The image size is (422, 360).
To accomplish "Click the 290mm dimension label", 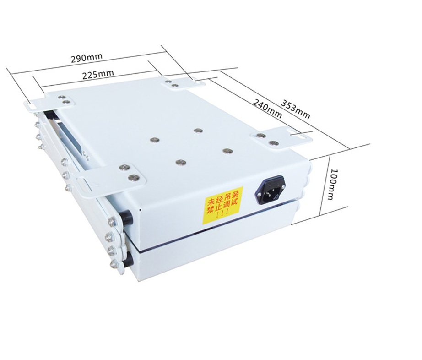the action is [87, 58].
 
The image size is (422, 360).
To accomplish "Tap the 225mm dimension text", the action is [97, 74].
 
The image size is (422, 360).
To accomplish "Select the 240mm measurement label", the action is [267, 108].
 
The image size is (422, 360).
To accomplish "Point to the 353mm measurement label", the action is [296, 109].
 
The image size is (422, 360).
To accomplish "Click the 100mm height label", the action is [334, 184].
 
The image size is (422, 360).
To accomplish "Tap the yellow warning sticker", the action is [222, 206].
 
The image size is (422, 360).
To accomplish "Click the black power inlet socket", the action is [270, 190].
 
